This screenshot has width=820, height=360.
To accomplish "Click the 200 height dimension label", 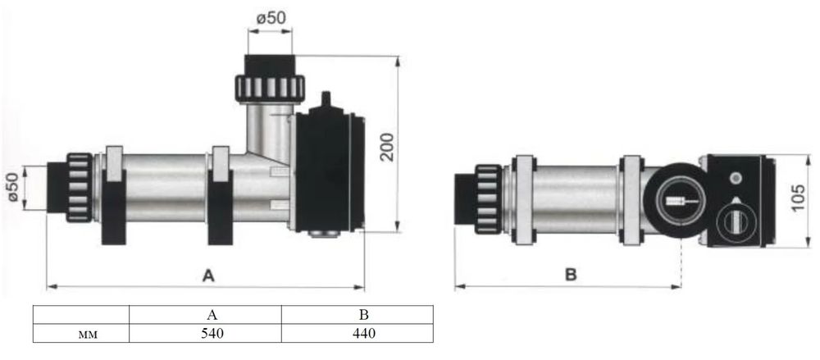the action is pos(387,147).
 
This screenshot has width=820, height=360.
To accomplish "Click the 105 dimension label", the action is pos(798,198).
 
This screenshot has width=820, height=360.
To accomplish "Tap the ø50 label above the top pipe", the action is pos(271,18).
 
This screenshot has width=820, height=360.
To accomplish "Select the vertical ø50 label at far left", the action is pos(12,187).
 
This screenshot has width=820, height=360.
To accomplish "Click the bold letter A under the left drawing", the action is pos(208,276).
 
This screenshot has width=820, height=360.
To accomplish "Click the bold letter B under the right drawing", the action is pos(571,275).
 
